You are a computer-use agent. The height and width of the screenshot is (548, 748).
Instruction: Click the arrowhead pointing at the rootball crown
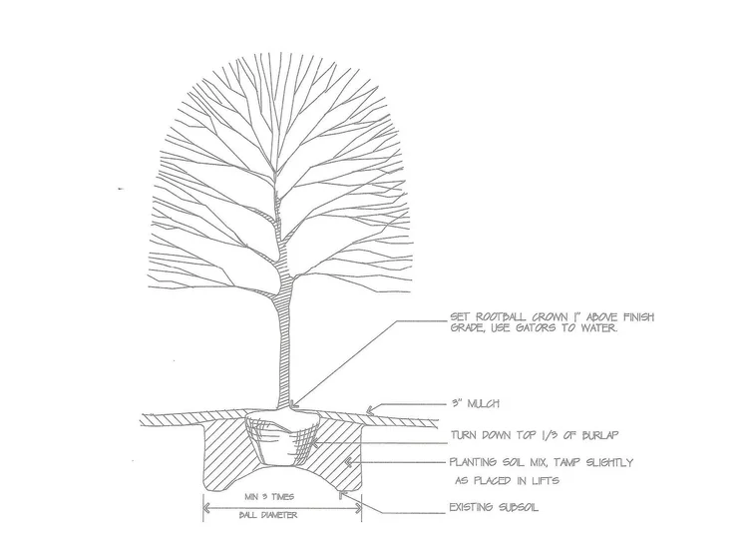click(x=295, y=402)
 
